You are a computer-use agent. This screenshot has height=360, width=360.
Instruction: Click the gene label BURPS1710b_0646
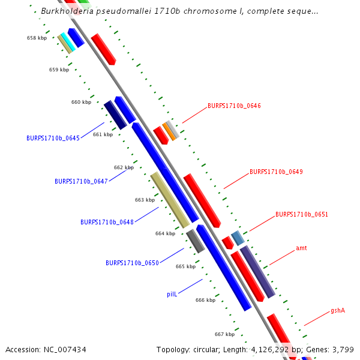[234, 106]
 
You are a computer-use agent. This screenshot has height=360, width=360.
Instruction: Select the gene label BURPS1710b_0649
[276, 172]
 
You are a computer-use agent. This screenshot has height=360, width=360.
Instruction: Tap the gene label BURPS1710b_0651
[302, 214]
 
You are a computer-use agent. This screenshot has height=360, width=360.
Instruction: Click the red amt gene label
[301, 248]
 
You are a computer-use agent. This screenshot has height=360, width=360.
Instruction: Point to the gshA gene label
[338, 311]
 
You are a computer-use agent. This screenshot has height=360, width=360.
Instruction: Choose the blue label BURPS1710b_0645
[53, 138]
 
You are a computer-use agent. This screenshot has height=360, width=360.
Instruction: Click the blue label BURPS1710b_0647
[81, 181]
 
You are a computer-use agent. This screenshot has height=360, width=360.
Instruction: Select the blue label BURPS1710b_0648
[107, 222]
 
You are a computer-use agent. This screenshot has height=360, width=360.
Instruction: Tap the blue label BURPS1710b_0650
[132, 263]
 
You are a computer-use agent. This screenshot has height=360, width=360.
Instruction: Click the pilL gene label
[172, 295]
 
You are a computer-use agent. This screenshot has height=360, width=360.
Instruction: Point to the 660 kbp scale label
[81, 102]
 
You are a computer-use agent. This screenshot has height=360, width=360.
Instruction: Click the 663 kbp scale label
[145, 200]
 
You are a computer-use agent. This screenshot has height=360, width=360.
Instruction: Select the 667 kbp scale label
[224, 334]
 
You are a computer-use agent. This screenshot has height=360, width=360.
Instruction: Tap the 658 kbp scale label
[37, 38]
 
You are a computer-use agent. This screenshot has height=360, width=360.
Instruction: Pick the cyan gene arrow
[68, 42]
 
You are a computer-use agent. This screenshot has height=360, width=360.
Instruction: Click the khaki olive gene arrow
[170, 200]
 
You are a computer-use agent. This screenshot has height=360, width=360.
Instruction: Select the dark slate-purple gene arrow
[257, 271]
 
